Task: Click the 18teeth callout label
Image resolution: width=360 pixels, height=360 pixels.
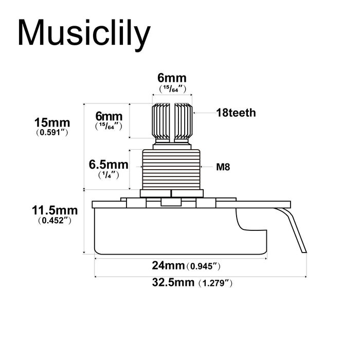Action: pos(236,113)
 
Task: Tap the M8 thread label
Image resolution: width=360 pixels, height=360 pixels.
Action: pos(223,167)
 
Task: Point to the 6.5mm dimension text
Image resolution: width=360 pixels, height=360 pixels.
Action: pos(108,165)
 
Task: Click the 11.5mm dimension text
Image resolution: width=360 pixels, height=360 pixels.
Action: pos(55,210)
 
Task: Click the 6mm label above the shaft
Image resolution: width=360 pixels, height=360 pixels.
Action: pos(172,78)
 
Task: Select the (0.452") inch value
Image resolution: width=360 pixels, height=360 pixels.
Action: pos(54,220)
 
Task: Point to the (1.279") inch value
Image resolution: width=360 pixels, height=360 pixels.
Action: pos(215,283)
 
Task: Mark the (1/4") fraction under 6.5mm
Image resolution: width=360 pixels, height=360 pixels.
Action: pos(109,175)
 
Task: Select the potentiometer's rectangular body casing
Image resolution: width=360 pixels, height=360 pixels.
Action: pos(180,231)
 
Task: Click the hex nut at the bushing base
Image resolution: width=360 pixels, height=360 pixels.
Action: pos(172,193)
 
